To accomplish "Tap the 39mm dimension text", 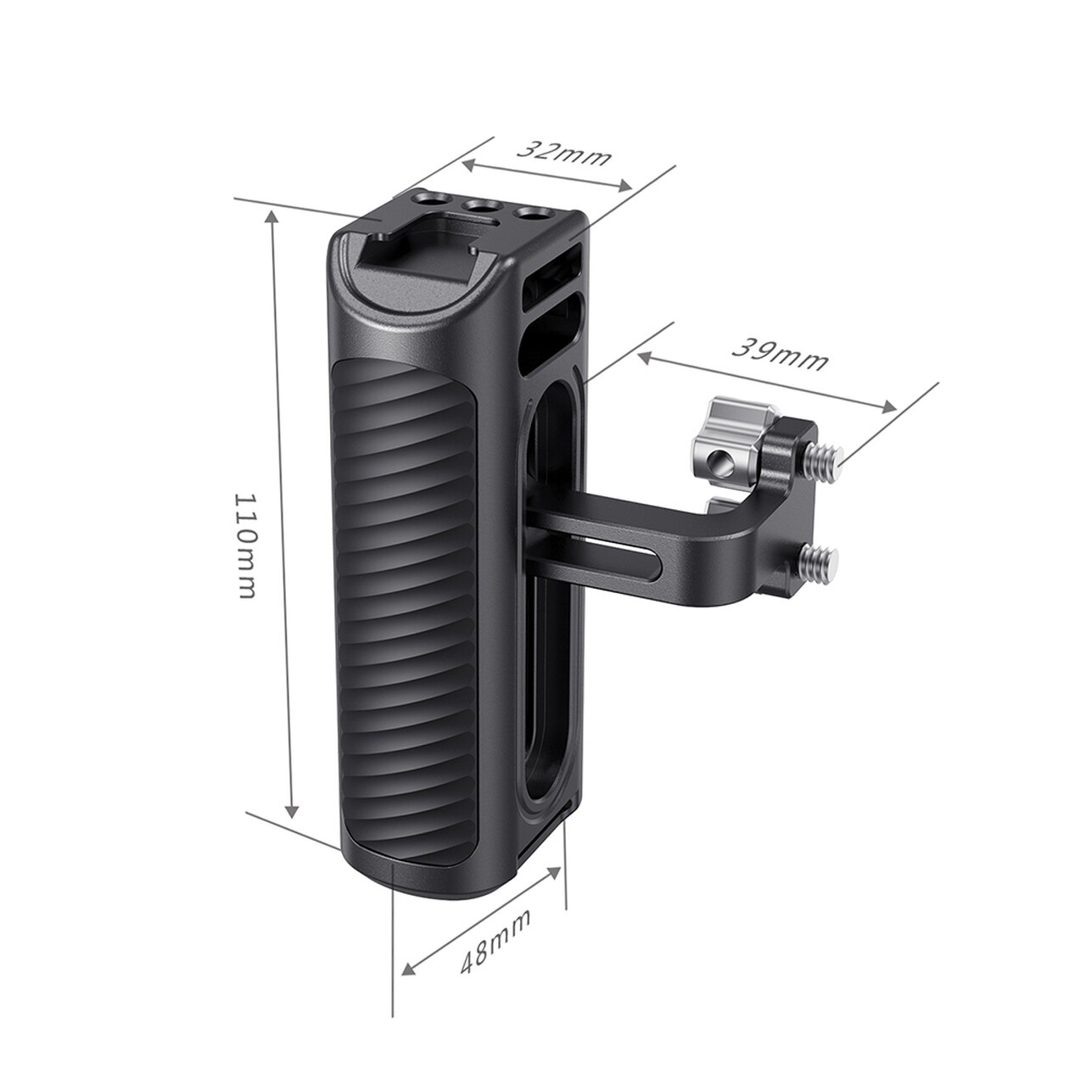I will click(x=779, y=354).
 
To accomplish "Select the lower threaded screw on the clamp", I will click(x=820, y=558).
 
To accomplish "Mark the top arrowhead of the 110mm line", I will click(x=272, y=216).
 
